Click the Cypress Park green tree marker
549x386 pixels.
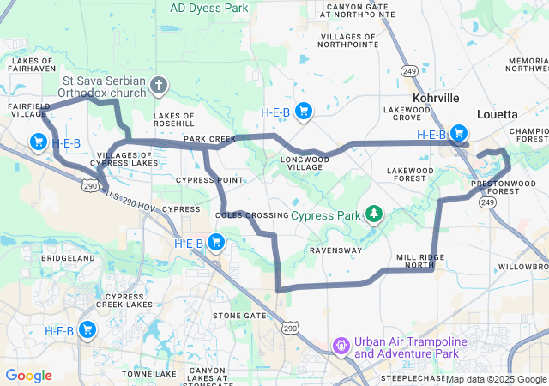pos(374,213)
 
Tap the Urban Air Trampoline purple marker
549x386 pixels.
pos(341,347)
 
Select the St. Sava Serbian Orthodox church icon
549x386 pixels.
pos(158,85)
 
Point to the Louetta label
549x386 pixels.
pos(497,114)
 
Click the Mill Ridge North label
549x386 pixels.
pos(420,262)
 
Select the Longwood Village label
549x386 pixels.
pos(303,163)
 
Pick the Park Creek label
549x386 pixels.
pos(209,139)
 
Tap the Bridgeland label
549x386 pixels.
pos(67,257)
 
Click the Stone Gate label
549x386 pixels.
pos(239,316)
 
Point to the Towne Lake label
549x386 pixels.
pos(148,374)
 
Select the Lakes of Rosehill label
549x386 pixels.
pos(174,119)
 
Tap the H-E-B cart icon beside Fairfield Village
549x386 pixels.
pos(39,142)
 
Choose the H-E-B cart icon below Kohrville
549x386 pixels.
pos(460,133)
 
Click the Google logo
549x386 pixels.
pos(29,376)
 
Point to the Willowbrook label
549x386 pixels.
pos(523,267)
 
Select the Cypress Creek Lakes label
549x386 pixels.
pos(124,299)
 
